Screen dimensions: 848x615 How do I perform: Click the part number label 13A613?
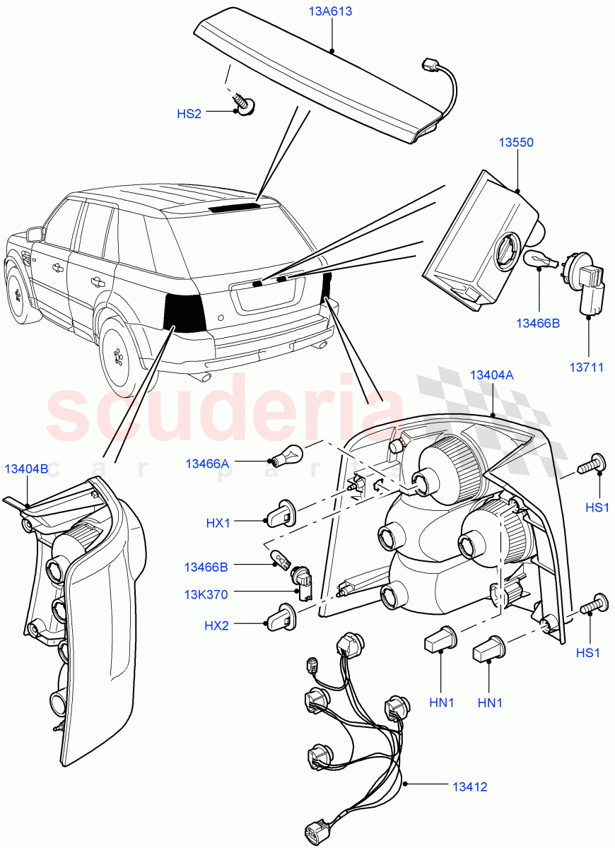pyautogui.click(x=331, y=12)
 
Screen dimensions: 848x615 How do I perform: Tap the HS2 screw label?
pyautogui.click(x=189, y=113)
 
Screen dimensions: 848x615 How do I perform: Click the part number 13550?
pyautogui.click(x=516, y=142)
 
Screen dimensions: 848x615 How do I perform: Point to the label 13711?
pyautogui.click(x=587, y=367)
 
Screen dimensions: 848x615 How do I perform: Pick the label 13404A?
pyautogui.click(x=491, y=375)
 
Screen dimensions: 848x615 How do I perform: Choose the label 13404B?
pyautogui.click(x=27, y=468)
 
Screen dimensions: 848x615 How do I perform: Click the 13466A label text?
pyautogui.click(x=207, y=464)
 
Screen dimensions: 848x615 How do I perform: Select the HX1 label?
pyautogui.click(x=218, y=522)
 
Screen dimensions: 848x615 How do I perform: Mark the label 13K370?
pyautogui.click(x=206, y=594)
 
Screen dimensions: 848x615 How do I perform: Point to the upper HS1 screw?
pyautogui.click(x=590, y=466)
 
